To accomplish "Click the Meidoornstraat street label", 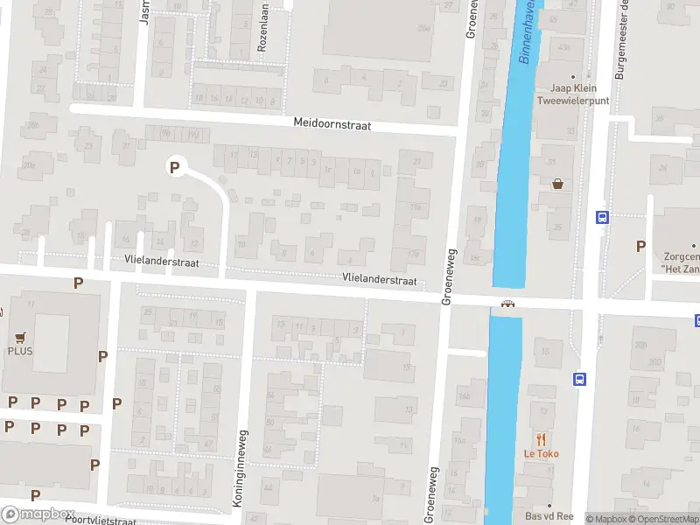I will tap(332, 125).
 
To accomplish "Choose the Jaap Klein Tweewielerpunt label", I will tap(573, 94).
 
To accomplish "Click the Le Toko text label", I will tap(542, 453).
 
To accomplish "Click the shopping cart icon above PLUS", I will tap(20, 335).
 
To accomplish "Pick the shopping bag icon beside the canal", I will tap(558, 184).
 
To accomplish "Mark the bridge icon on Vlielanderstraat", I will tap(507, 304).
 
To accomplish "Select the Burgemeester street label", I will tap(621, 39).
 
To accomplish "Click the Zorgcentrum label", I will tap(682, 262).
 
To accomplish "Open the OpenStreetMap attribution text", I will tap(665, 519).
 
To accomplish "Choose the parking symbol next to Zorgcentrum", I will tap(641, 247).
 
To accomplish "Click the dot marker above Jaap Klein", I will tap(573, 77).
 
